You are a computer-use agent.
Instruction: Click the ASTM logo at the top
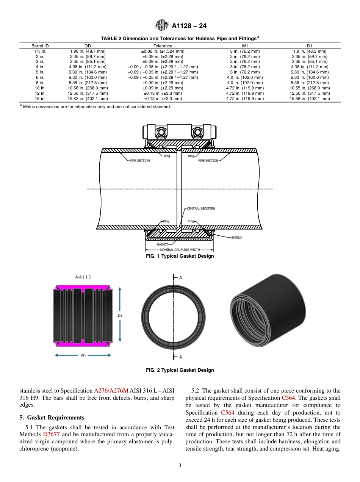pos(162,26)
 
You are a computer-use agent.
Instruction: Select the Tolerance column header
pos(163,46)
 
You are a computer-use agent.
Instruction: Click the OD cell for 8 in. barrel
pos(88,83)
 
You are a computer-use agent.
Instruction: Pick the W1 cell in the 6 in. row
pos(245,77)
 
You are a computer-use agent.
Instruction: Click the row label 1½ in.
pos(40,51)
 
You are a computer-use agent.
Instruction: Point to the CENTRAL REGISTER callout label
pos(201,209)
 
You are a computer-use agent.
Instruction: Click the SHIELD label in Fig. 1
pos(236,238)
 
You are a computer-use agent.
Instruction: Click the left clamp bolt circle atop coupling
pos(162,132)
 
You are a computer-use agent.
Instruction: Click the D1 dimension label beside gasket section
pos(120,315)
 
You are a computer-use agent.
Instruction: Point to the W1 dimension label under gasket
pos(83,355)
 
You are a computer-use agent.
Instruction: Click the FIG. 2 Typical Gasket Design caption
pos(180,370)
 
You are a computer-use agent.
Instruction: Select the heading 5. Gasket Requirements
pos(52,418)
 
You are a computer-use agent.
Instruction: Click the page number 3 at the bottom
pos(180,466)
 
